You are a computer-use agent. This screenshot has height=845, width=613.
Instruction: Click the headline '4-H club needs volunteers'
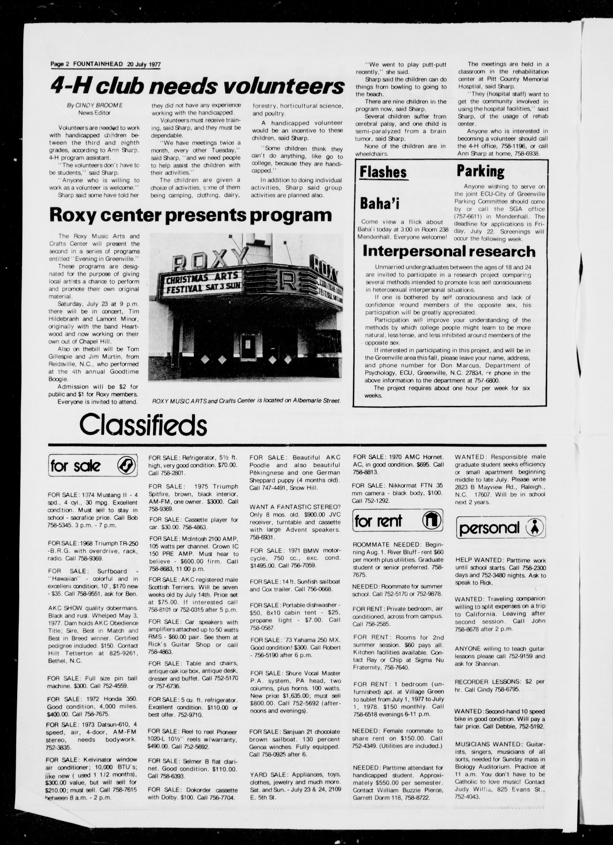click(x=197, y=86)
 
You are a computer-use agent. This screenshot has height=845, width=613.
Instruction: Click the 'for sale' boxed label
click(x=76, y=466)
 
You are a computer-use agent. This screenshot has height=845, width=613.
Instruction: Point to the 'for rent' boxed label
click(x=379, y=521)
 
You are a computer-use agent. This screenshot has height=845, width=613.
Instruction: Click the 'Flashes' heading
click(x=383, y=172)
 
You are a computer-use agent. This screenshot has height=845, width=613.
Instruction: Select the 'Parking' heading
click(x=480, y=171)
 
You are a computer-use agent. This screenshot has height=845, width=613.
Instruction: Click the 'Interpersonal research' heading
click(x=449, y=252)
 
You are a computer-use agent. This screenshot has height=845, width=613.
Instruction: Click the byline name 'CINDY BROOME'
click(x=99, y=105)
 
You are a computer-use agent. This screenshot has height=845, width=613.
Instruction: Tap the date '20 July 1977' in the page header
click(x=144, y=64)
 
